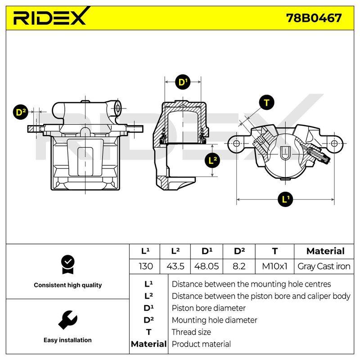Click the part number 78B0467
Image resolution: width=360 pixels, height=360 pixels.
tap(314, 18)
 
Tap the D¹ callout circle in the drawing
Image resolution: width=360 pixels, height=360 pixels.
tap(183, 82)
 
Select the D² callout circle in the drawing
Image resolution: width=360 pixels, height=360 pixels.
tap(21, 112)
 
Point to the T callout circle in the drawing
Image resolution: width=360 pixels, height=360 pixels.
tap(266, 103)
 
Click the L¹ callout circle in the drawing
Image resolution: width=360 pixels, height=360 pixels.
tap(285, 199)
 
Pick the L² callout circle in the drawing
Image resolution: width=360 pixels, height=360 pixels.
tap(212, 160)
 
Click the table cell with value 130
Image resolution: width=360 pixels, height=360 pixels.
tap(146, 266)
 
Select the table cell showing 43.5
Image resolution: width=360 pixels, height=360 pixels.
tap(175, 266)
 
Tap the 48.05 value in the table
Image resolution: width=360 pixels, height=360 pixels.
tap(207, 266)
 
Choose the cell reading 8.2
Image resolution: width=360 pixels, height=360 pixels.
tap(239, 266)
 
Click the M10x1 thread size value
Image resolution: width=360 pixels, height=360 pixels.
tap(274, 266)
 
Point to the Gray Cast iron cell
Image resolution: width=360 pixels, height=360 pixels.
tap(324, 266)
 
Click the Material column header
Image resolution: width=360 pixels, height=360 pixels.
tap(325, 251)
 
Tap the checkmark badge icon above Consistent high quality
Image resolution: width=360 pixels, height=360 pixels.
tap(68, 265)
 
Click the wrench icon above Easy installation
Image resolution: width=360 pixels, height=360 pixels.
tap(68, 320)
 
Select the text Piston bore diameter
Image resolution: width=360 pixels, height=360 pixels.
tap(209, 308)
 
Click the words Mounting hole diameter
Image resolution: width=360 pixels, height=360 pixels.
tap(215, 320)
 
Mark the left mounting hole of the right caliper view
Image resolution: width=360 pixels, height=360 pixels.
tap(236, 144)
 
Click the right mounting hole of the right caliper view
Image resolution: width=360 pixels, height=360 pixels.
tap(334, 144)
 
